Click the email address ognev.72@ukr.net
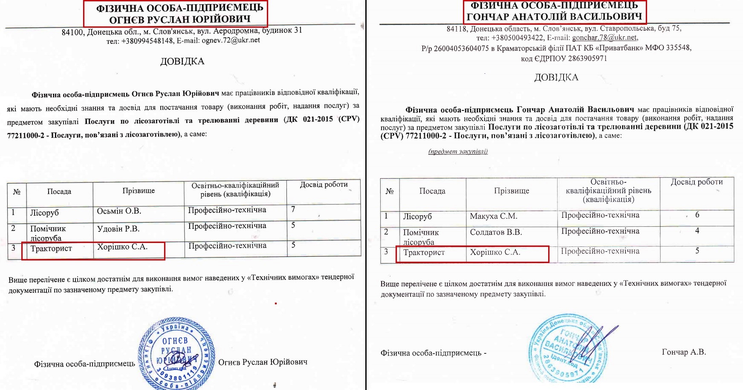231,40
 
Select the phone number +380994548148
147,41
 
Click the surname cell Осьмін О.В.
119,211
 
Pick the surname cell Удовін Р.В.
118,229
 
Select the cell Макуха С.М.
493,216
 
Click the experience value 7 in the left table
293,209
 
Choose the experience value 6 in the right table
697,215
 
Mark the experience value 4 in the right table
697,231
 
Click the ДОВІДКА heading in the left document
182,61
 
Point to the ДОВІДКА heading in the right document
556,78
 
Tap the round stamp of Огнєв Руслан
176,356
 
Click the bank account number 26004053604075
461,48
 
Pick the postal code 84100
72,32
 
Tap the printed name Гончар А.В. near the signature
684,352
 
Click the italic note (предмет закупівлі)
458,151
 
